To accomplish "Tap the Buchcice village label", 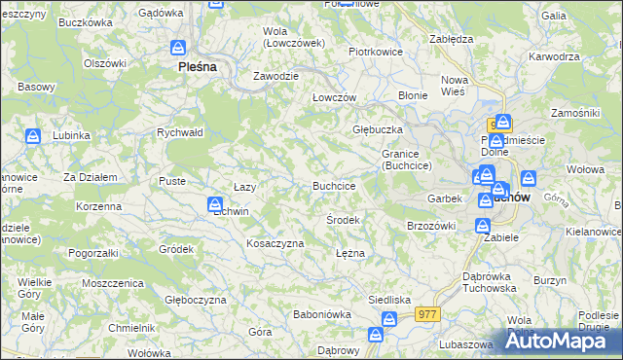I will coord(333,186).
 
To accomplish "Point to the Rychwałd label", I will coord(179,133).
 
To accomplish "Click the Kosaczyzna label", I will coord(275,243).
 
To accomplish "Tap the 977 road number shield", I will coord(427,314).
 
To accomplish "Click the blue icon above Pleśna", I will coord(179,48).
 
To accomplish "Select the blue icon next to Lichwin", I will coord(215,204).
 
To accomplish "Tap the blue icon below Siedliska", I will coord(389,319).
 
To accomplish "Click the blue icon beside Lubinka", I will coord(32,136).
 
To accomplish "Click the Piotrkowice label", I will coord(376,52).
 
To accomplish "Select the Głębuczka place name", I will coord(378,129).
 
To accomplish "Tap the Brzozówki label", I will coord(430,226).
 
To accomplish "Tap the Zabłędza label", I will coord(451,39).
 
